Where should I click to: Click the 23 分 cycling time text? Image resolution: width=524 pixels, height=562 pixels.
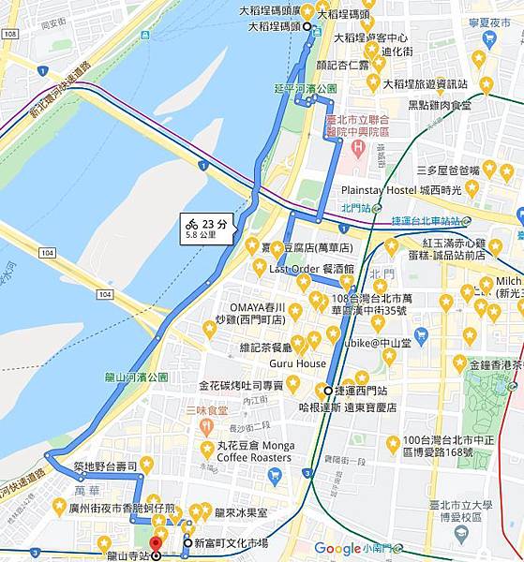point(215,223)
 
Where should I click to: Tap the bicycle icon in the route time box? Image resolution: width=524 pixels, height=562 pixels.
point(192,224)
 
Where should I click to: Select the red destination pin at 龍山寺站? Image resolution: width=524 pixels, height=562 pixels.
point(156,544)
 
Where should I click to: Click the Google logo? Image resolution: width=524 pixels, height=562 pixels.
point(337,549)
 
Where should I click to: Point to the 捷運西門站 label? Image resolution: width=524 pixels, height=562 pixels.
point(363,391)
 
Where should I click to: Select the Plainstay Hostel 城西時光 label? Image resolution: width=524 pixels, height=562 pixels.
point(403,190)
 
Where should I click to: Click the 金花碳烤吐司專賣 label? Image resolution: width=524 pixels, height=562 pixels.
point(240,385)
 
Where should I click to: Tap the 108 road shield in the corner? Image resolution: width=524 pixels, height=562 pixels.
point(9,34)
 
